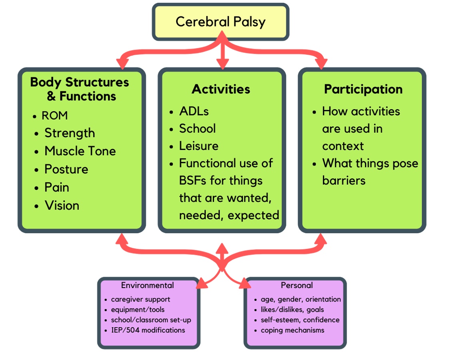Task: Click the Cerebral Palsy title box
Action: coord(220,22)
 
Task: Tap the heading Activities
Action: coord(221,89)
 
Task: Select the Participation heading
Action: coord(363,89)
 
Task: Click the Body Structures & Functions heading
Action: coord(80,89)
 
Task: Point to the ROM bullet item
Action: coord(55,116)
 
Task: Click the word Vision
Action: coord(62,206)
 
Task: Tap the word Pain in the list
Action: coord(57,187)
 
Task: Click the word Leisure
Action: coord(199,146)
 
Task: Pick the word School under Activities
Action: coord(198,128)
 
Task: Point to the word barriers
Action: coord(344,180)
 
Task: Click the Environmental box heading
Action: coord(147,285)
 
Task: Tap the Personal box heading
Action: coord(297,285)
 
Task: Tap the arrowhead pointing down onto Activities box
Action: coord(222,64)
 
